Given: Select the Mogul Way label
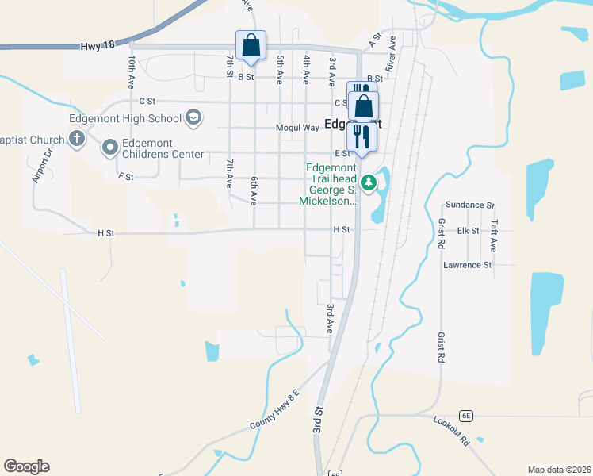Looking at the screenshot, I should point(297,128).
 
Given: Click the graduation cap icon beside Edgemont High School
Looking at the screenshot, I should point(193,119).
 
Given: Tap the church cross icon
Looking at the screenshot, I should point(76,140).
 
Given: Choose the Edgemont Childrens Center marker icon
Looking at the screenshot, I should point(109,147).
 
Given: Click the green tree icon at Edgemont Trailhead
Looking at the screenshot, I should point(368,183).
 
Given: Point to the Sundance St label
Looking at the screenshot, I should point(469,205).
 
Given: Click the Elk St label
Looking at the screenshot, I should point(469,231).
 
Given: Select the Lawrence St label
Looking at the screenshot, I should point(468,265).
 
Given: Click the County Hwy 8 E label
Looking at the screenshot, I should point(275,410).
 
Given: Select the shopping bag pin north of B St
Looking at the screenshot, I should point(251,46).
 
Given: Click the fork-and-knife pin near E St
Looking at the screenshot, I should point(362,136).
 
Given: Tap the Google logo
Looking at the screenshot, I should point(26,466).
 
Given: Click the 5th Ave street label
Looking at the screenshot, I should point(280,71).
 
